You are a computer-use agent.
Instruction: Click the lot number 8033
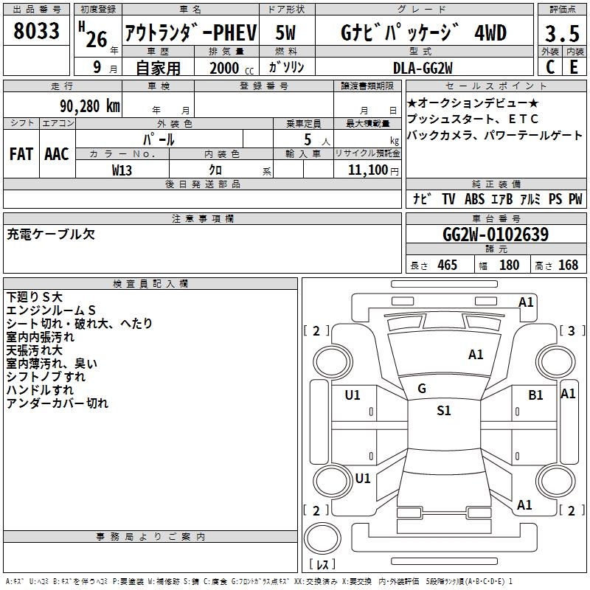click(x=36, y=31)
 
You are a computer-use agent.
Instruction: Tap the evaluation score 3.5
click(x=560, y=33)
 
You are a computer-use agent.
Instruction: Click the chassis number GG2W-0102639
click(x=495, y=235)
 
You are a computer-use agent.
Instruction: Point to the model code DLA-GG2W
click(x=422, y=67)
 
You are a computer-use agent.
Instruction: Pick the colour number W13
click(x=122, y=170)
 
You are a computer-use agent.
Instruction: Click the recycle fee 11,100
click(x=367, y=170)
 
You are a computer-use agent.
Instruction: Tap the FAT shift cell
click(x=21, y=153)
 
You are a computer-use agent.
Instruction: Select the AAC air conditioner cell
click(x=57, y=153)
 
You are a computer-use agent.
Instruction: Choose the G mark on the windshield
click(x=421, y=388)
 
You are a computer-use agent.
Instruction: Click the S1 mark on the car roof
click(x=443, y=411)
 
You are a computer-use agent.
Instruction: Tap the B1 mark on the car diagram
click(x=535, y=395)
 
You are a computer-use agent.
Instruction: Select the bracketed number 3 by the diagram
click(x=572, y=330)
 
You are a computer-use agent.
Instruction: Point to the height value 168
click(x=568, y=265)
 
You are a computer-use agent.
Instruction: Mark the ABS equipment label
click(x=474, y=198)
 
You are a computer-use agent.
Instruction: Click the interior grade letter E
click(x=574, y=66)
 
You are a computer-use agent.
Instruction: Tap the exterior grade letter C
click(x=549, y=66)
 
